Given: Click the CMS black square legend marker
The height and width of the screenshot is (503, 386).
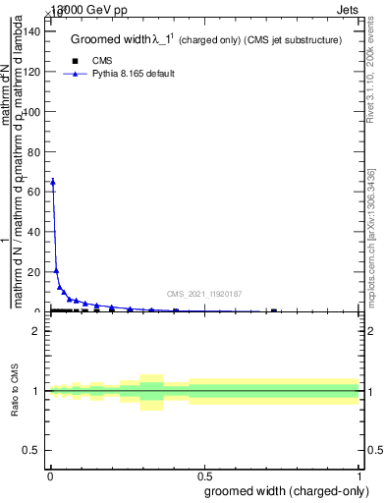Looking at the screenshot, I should (x=75, y=61).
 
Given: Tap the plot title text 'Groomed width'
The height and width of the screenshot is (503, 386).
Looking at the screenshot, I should (x=108, y=40).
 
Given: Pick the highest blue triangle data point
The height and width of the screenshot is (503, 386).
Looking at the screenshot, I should (x=52, y=182).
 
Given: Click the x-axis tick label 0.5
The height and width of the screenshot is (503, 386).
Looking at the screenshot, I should (x=204, y=476).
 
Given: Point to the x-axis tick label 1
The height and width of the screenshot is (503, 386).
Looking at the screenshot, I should (x=359, y=476).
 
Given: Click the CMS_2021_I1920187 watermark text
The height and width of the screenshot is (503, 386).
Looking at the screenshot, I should (x=203, y=293).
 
